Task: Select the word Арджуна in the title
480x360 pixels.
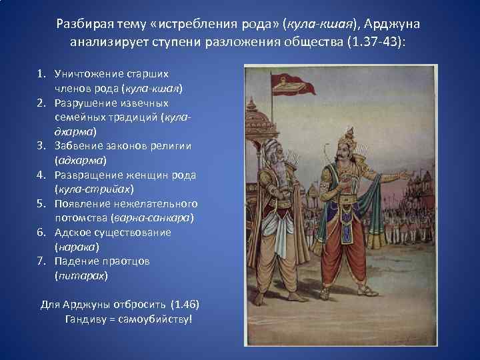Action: point(396,25)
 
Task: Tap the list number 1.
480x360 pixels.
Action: point(41,73)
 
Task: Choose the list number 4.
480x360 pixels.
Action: point(41,175)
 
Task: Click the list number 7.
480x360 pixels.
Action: point(41,261)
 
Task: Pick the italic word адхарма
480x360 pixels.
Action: point(80,161)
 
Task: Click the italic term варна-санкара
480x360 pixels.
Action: point(153,218)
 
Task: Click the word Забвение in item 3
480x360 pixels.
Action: point(77,146)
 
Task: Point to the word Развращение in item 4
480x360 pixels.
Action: point(86,175)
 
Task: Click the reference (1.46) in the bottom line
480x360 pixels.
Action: point(185,305)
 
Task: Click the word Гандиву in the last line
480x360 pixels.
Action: point(85,319)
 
